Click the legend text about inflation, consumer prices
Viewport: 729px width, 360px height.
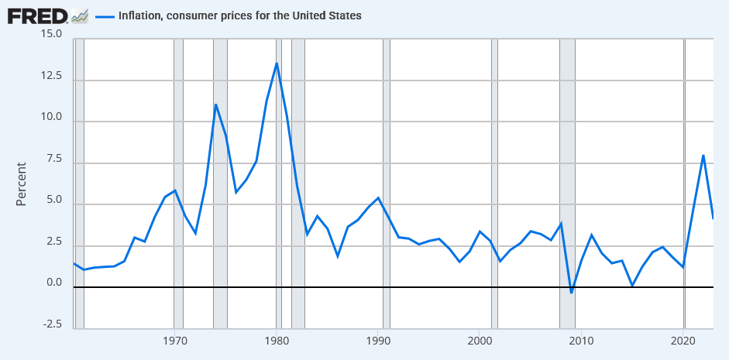pos(239,15)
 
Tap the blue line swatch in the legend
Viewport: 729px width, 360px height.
pos(105,15)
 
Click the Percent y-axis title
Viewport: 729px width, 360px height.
pos(22,183)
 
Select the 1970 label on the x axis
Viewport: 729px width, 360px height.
pos(175,341)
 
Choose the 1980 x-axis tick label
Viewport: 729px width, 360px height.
pos(277,341)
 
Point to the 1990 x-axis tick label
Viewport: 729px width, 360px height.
pos(378,341)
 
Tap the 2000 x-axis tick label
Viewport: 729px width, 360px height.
pos(480,341)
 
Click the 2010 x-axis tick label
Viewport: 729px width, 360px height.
pos(581,341)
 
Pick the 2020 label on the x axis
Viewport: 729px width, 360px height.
pos(683,341)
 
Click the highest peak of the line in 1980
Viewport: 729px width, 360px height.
pos(277,63)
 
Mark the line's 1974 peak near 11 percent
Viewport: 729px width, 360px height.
pos(215,105)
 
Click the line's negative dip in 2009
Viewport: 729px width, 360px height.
pos(571,293)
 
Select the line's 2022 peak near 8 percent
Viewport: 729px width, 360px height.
pos(703,156)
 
